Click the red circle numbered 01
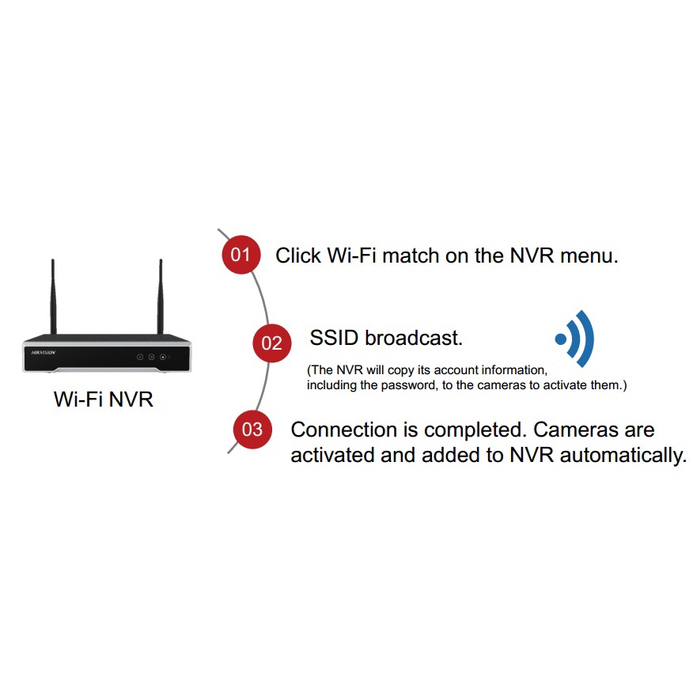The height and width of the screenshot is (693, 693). (x=241, y=255)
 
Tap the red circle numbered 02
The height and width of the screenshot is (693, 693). (x=271, y=343)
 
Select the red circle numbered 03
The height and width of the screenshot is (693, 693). (x=252, y=430)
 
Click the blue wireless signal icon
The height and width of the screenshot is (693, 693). (x=575, y=339)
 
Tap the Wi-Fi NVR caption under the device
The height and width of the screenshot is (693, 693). (x=103, y=400)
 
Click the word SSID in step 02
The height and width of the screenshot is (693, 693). (x=335, y=339)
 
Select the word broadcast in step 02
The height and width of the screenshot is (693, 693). (x=414, y=339)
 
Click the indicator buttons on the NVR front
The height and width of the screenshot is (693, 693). (x=151, y=357)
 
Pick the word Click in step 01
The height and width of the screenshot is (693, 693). (x=298, y=256)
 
